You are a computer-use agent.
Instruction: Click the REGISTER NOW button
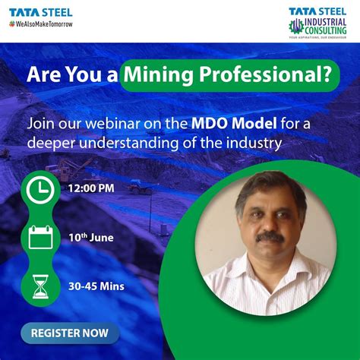(x=70, y=332)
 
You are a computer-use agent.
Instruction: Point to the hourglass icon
(x=39, y=286)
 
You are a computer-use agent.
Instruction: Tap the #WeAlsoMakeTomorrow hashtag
(x=42, y=24)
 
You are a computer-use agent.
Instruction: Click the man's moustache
(x=270, y=237)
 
